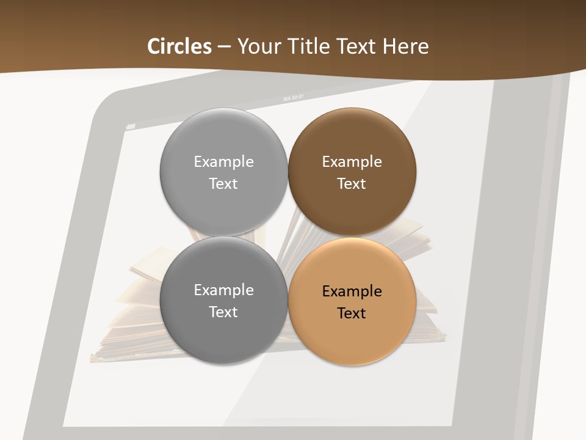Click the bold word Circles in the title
[x=179, y=46]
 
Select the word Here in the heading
[x=406, y=46]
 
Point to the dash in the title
[x=224, y=47]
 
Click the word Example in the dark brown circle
[x=352, y=161]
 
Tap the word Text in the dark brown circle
[x=352, y=183]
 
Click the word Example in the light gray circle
[x=223, y=161]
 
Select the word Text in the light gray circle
[x=223, y=183]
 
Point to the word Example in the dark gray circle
[x=223, y=290]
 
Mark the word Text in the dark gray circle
[x=223, y=312]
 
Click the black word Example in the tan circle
[x=352, y=291]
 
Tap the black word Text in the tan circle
[x=352, y=313]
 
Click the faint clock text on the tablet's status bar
[x=294, y=97]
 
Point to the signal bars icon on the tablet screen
[x=131, y=127]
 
